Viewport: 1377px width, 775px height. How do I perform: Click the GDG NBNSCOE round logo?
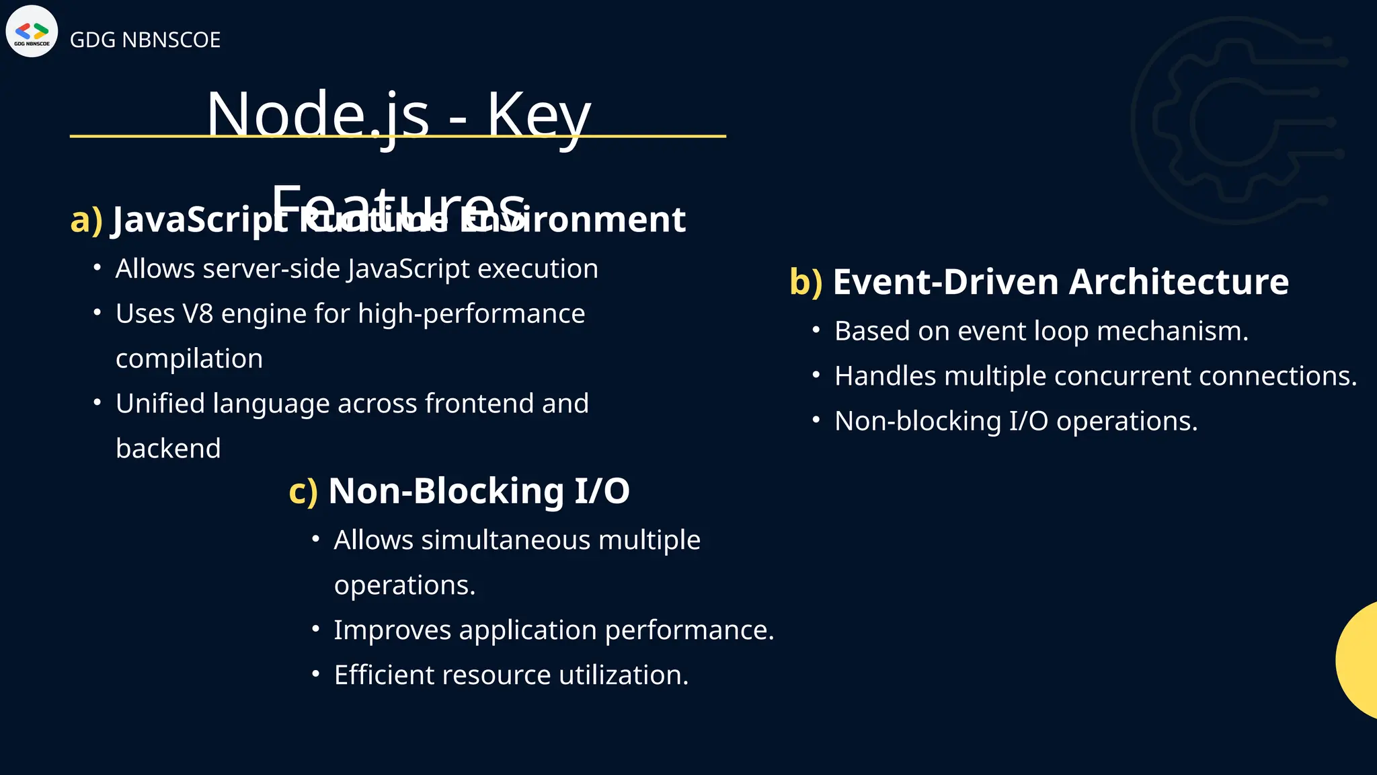(x=32, y=32)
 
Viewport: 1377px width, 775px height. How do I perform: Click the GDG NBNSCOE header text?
(x=145, y=40)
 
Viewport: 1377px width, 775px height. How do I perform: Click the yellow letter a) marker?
(x=86, y=220)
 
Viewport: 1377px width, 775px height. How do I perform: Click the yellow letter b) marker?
(x=805, y=282)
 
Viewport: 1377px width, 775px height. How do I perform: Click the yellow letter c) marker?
(x=303, y=491)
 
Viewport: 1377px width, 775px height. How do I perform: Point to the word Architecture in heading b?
(x=1179, y=282)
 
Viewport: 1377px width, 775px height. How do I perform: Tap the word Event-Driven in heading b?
(x=945, y=282)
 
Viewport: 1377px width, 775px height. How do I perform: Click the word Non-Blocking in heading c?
(x=446, y=491)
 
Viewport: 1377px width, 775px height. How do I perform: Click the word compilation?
(x=189, y=359)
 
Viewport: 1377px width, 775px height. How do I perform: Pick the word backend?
(x=168, y=449)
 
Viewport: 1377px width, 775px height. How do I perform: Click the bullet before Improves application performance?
(x=316, y=629)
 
